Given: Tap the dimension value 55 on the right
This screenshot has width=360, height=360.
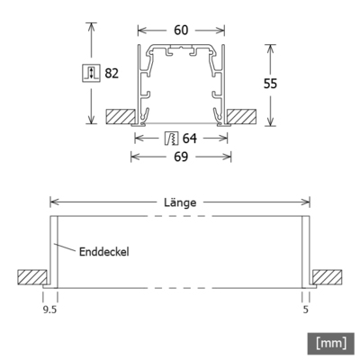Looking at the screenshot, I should coord(280,82).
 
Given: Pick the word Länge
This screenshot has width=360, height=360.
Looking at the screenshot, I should coord(179,203).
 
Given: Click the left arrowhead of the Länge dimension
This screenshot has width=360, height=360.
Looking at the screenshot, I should coord(52,203).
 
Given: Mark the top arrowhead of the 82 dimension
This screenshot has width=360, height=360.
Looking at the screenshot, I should coord(91,26).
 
